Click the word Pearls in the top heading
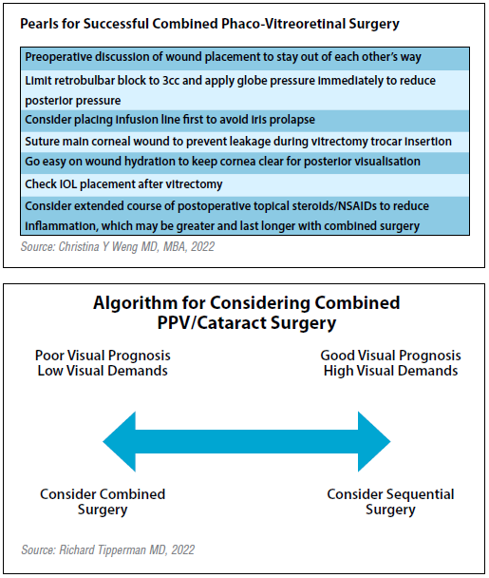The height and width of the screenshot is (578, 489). click(x=39, y=24)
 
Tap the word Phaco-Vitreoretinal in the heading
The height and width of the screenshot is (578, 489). click(x=283, y=24)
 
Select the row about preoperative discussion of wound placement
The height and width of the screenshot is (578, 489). click(x=245, y=58)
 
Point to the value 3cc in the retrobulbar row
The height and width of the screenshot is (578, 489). click(x=171, y=81)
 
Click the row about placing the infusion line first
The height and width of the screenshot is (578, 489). click(x=245, y=121)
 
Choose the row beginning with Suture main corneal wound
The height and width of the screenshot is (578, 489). click(x=245, y=142)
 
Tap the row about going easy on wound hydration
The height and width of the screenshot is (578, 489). click(x=245, y=163)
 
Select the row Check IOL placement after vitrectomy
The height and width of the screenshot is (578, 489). click(x=245, y=184)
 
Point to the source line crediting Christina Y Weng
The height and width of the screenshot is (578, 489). click(x=118, y=246)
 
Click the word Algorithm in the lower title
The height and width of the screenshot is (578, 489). click(x=135, y=303)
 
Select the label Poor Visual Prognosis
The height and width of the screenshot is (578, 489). click(x=103, y=356)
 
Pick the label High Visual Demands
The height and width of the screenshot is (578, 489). click(x=390, y=371)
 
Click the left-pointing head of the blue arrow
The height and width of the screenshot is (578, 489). click(x=120, y=442)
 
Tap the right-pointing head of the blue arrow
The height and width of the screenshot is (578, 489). click(x=374, y=442)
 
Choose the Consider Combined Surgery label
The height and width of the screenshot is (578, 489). click(x=103, y=502)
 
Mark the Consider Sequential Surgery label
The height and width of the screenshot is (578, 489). click(x=390, y=502)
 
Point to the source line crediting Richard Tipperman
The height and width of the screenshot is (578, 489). click(x=108, y=549)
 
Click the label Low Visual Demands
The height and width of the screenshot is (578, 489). click(x=103, y=371)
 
